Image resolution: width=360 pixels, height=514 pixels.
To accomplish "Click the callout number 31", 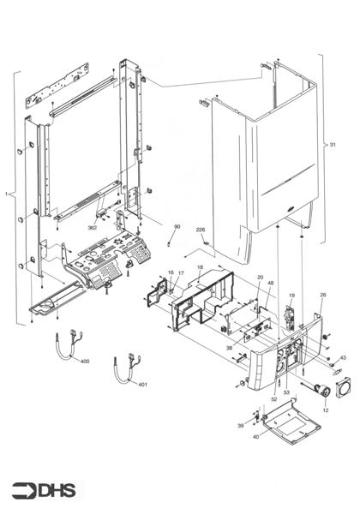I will point(333,146).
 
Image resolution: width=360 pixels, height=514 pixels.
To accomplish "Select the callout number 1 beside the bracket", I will point(7,195).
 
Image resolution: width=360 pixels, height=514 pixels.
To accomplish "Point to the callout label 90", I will point(177,227).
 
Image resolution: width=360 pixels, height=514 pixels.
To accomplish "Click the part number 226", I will point(201,230).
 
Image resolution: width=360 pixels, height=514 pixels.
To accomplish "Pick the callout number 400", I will point(84,362).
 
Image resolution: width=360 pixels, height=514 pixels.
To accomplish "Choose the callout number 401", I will point(142,384).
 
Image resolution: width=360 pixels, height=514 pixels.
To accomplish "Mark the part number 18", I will point(200,268).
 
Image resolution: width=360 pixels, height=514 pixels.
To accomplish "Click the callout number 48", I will point(271,284).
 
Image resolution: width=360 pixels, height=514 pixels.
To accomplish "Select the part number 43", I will point(342,357).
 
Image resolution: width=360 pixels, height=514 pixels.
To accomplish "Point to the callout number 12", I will point(325,410).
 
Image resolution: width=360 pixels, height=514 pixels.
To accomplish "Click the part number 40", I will point(255,437).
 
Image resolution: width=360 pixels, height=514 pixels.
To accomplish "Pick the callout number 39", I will point(241,426).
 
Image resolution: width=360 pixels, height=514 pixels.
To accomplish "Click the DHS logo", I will point(43,490).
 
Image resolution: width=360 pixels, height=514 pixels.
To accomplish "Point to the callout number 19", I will point(291,296).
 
